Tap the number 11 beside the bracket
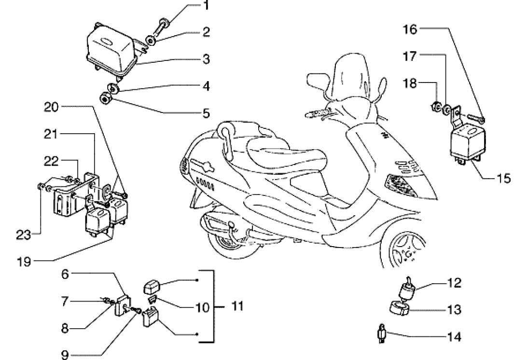[x=236, y=306]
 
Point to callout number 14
[x=454, y=336]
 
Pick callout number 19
[x=24, y=263]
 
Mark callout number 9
[x=66, y=356]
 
